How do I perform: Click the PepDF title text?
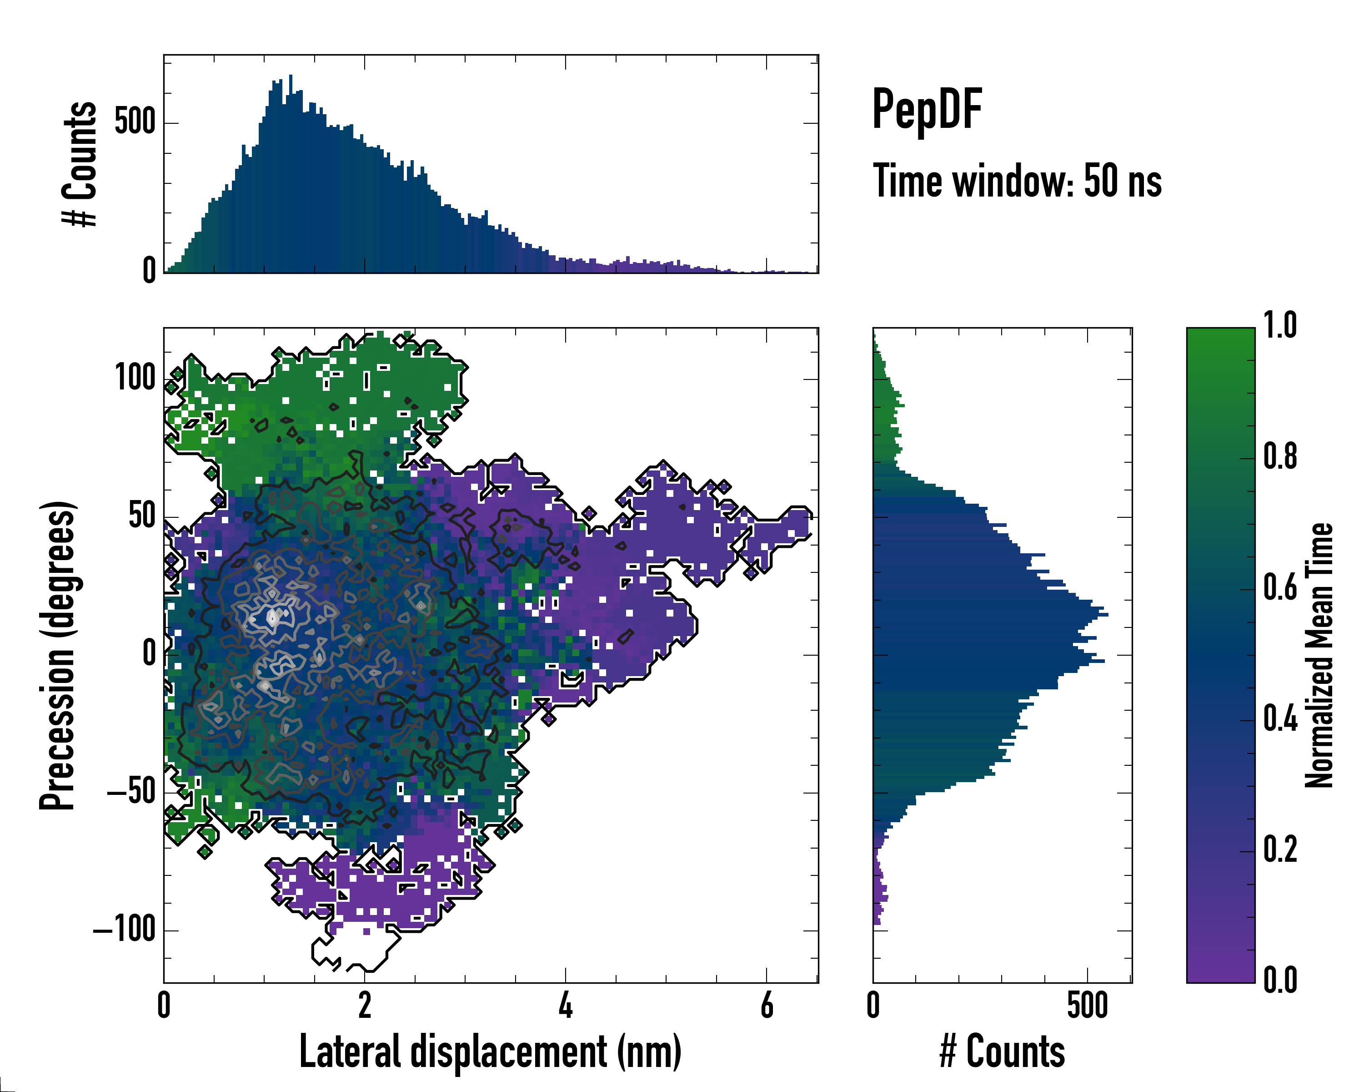coord(927,110)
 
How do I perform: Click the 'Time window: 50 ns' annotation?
coord(1017,182)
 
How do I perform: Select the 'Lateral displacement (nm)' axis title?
coord(490,1052)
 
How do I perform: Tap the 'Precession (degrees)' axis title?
coord(58,655)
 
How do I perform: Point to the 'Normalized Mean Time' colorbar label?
coord(1319,655)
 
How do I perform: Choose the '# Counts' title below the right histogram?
coord(1002,1052)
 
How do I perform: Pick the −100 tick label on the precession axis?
coord(124,930)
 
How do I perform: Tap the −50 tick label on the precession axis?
coord(130,793)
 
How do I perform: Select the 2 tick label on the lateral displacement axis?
coord(364,1005)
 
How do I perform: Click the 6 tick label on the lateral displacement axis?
coord(767,1005)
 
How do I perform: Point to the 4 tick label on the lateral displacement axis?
coord(566,1005)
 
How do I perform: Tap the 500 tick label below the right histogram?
coord(1088,1005)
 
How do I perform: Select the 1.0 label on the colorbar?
coord(1280,325)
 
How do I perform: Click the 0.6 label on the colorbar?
coord(1280,587)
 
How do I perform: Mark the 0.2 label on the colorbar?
coord(1280,849)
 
